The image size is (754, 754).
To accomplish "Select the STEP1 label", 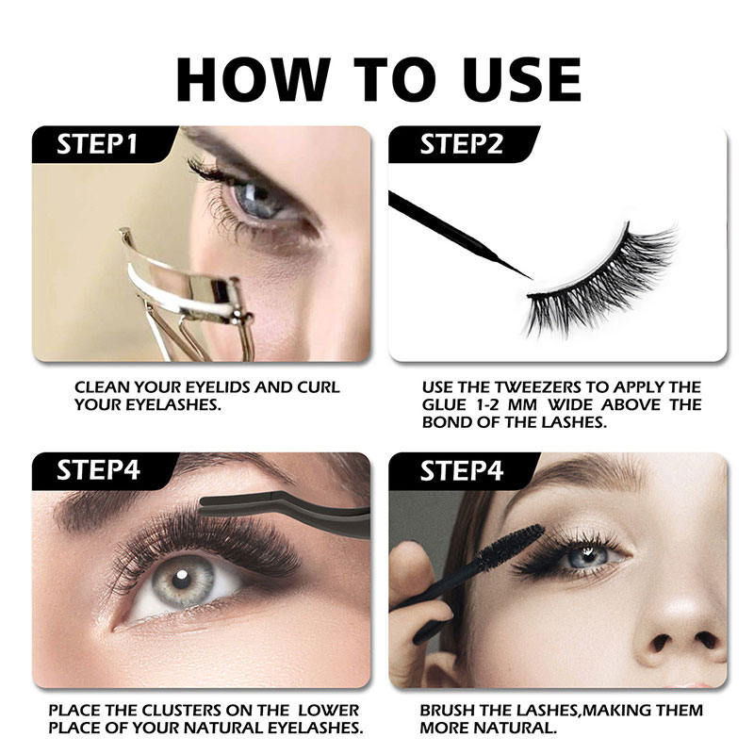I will click(97, 145).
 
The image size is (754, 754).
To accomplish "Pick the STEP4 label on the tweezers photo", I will click(97, 470).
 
